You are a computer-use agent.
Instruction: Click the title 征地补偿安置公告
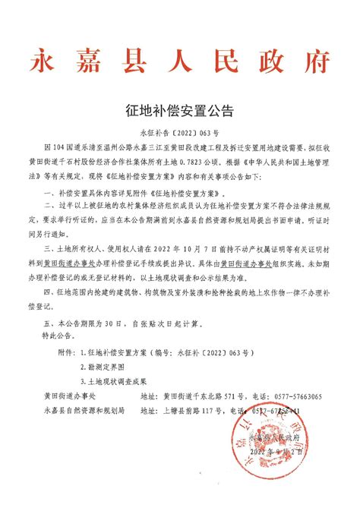pos(179,110)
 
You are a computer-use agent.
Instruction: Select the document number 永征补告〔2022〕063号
pos(179,131)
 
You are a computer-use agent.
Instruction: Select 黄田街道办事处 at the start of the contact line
pos(69,397)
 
